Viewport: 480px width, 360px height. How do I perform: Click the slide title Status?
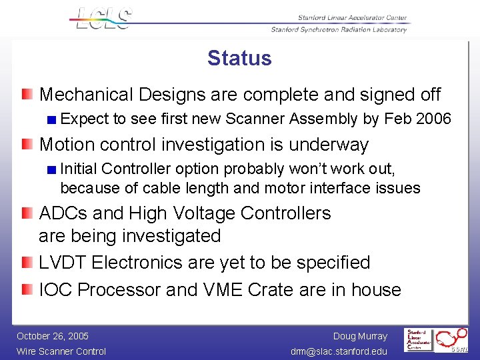tap(239, 58)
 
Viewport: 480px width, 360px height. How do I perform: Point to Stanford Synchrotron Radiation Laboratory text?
tap(339, 30)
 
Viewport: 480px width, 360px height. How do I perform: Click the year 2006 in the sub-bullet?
tap(433, 119)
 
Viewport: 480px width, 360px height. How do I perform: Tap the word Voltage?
tap(205, 213)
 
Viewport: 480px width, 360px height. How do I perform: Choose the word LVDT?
tap(63, 263)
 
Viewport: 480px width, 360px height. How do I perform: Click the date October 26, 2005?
tap(53, 336)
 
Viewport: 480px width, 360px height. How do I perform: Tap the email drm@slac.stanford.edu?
tap(339, 351)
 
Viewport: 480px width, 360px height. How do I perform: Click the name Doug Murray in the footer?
tap(360, 336)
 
